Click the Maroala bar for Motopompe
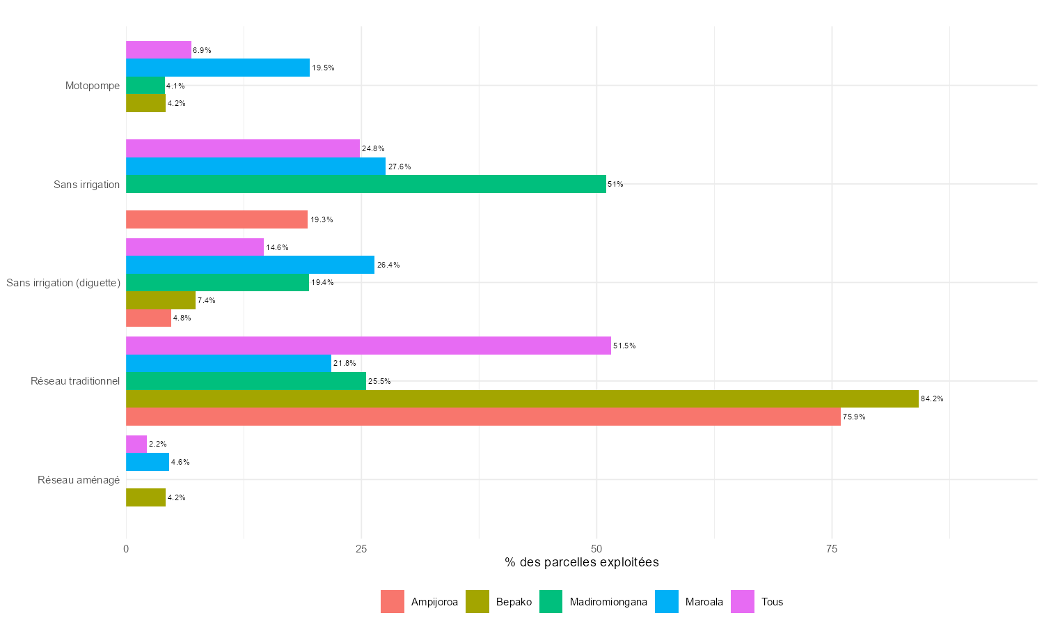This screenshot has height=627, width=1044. click(x=218, y=68)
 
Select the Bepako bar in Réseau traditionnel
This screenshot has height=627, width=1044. click(x=522, y=398)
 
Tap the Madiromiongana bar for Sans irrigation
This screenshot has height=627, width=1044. click(x=366, y=184)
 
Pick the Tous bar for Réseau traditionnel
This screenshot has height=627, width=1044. click(x=368, y=346)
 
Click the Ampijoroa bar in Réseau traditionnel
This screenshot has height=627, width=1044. click(x=483, y=417)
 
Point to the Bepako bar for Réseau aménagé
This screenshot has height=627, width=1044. click(x=145, y=497)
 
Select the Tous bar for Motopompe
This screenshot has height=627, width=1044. click(x=159, y=50)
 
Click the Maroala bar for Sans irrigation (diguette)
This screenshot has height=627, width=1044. click(x=250, y=265)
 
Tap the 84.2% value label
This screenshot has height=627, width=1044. click(x=932, y=399)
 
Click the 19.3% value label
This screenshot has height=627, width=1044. click(x=322, y=220)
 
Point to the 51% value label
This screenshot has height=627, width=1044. click(x=615, y=185)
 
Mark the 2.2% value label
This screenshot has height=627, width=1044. click(x=158, y=444)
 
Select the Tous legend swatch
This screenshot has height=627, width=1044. click(x=743, y=602)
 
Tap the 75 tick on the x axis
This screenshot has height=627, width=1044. click(x=832, y=549)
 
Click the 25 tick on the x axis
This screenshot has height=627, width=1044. click(x=361, y=549)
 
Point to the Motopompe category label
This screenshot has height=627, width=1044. click(x=93, y=86)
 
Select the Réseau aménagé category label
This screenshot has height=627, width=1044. click(x=79, y=480)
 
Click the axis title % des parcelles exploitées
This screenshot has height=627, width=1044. click(x=582, y=562)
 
